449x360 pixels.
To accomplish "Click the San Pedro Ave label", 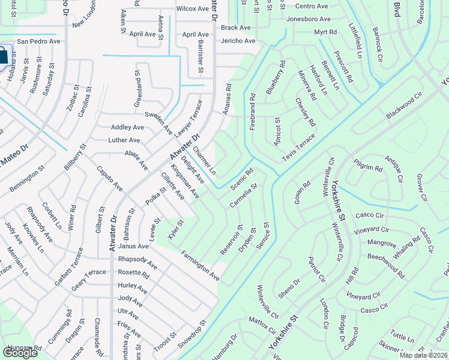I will [38, 41].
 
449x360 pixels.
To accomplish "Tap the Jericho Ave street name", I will [238, 41].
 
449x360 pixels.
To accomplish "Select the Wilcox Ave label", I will [192, 9].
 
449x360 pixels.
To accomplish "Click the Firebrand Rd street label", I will [253, 112].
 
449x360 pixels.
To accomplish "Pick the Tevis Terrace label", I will [298, 148].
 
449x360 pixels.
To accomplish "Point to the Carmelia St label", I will [243, 196].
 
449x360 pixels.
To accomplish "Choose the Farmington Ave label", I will [200, 266].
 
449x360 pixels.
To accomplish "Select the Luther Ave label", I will [124, 140].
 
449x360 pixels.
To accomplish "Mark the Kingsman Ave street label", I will [185, 181].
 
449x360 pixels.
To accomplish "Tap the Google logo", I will [20, 352].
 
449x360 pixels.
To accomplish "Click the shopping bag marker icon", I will [3, 56].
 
